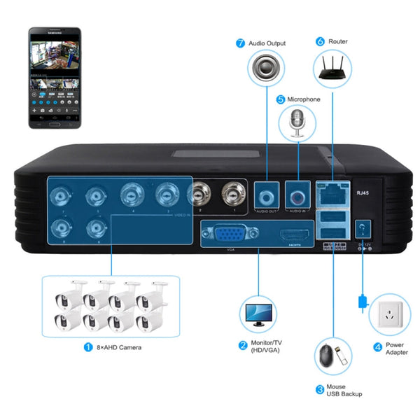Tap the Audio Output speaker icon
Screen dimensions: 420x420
click(266, 71)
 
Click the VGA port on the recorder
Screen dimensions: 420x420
click(227, 234)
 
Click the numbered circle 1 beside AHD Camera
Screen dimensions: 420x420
click(87, 346)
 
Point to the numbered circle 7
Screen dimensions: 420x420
click(240, 43)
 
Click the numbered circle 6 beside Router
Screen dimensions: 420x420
click(320, 41)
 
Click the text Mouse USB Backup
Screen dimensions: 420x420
click(343, 390)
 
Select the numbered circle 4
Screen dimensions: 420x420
click(377, 346)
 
